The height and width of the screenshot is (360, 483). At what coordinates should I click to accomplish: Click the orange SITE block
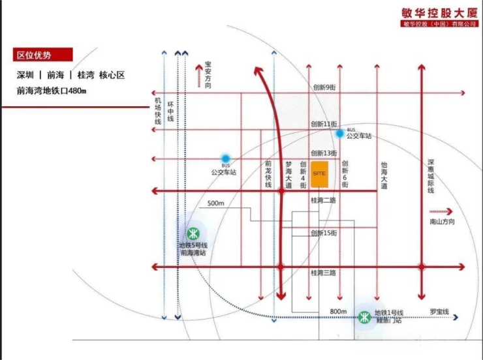(319, 173)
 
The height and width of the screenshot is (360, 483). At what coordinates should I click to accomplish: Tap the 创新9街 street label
(324, 87)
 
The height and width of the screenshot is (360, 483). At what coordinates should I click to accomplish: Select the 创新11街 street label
(324, 124)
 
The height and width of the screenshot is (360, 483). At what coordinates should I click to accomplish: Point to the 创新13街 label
(324, 153)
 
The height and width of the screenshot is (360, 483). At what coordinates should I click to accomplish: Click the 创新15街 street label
(324, 233)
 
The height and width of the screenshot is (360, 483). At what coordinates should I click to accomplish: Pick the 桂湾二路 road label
(323, 201)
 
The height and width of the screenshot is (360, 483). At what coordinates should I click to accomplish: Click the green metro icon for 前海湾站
(193, 233)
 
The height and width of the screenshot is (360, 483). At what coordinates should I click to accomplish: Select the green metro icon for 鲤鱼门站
(364, 318)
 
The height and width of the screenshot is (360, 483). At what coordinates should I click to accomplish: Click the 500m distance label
(216, 203)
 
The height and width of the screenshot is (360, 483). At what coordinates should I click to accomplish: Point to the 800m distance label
(338, 311)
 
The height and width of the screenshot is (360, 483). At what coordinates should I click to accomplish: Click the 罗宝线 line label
(439, 312)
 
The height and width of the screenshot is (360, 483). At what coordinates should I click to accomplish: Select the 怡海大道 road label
(384, 176)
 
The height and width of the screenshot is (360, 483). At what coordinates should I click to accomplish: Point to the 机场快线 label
(157, 112)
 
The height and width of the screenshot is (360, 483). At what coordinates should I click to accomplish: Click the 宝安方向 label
(208, 73)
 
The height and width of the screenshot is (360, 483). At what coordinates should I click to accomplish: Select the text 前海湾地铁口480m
(52, 90)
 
